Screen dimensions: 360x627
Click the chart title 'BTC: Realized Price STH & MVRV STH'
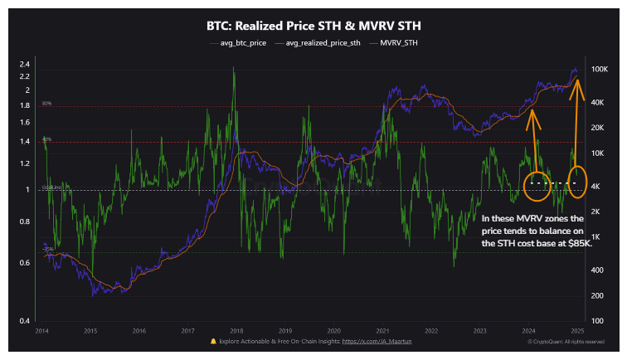pyautogui.click(x=313, y=25)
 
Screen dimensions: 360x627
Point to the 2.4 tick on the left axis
pyautogui.click(x=25, y=64)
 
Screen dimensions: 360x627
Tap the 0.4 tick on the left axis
pyautogui.click(x=25, y=321)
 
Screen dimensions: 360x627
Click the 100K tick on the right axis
pyautogui.click(x=599, y=70)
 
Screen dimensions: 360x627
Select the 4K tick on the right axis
pyautogui.click(x=596, y=187)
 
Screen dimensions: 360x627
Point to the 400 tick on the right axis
pyautogui.click(x=596, y=270)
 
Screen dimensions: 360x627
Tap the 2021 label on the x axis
pyautogui.click(x=382, y=330)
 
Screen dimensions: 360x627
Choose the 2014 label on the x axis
pyautogui.click(x=41, y=330)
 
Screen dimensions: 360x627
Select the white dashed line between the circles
pyautogui.click(x=555, y=182)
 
